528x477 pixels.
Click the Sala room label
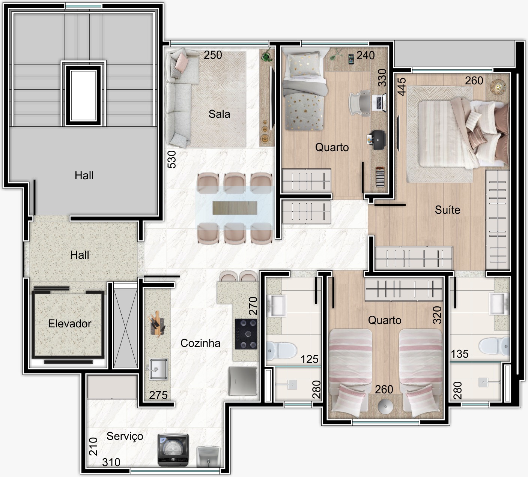(219, 114)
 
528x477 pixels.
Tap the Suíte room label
(447, 210)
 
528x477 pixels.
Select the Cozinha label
(200, 343)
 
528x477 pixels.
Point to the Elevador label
(70, 323)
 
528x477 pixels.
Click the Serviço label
(125, 436)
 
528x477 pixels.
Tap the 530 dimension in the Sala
(171, 159)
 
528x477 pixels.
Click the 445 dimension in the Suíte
(402, 87)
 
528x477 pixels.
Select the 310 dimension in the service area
(111, 462)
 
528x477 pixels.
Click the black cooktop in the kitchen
(246, 334)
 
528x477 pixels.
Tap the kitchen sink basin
(158, 369)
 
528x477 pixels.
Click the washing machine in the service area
(173, 450)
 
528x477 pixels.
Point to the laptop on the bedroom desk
(379, 102)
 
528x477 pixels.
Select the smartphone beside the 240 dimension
(351, 59)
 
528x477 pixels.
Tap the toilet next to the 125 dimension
(281, 350)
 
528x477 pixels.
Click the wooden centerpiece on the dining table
(235, 208)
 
